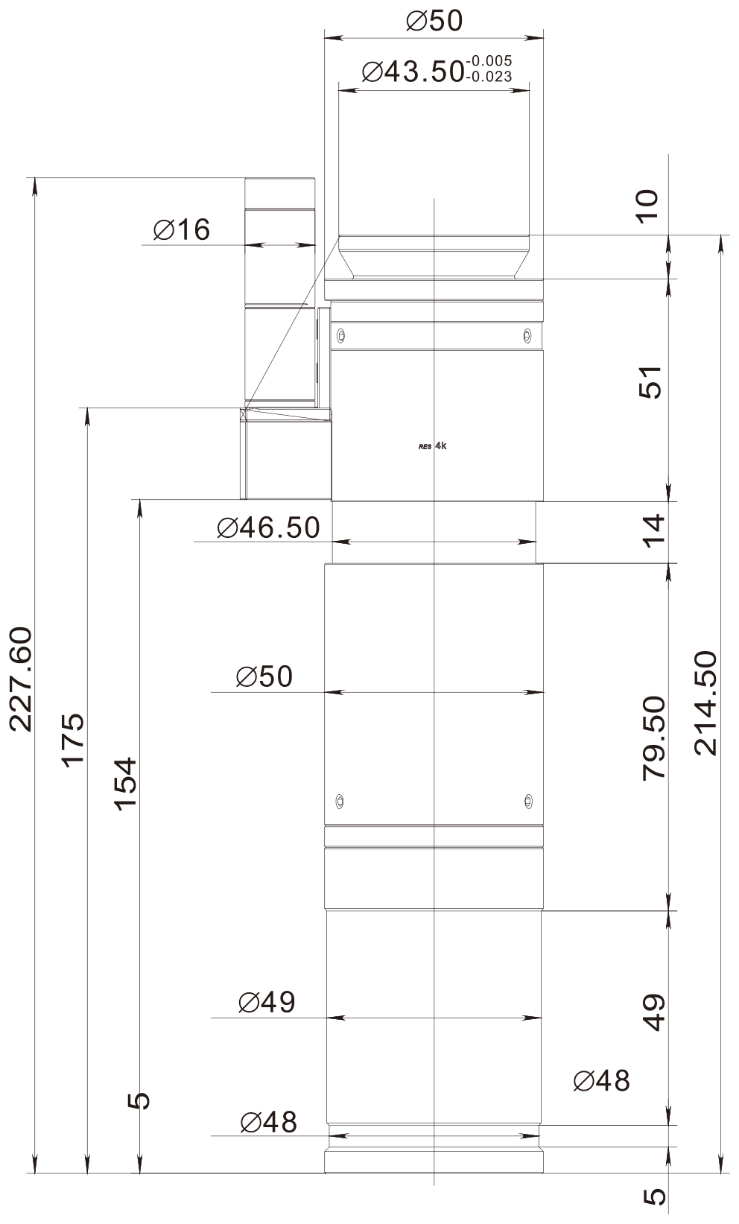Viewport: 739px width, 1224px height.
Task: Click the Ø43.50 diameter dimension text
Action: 413,72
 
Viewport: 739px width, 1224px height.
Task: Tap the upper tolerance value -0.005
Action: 489,60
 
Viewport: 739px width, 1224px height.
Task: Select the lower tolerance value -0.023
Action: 489,77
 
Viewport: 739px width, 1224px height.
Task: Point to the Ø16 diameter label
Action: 182,229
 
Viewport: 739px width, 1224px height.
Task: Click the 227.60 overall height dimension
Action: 22,679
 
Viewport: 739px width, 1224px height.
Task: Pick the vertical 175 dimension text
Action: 73,741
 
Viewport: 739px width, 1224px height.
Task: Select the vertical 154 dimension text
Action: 125,784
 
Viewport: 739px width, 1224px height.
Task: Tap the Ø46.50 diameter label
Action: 268,528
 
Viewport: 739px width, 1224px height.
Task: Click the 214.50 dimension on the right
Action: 705,703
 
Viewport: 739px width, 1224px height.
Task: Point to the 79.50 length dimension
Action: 654,738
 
